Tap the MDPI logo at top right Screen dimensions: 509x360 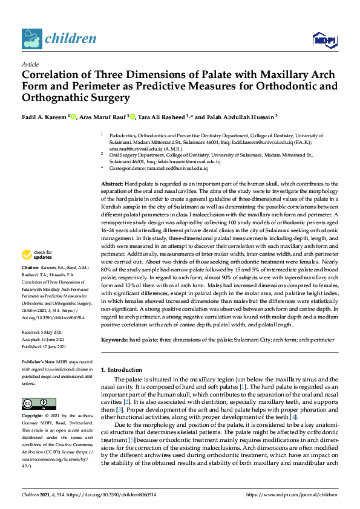[324, 40]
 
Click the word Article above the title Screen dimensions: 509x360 [30, 64]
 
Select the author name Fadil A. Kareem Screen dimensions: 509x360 [44, 117]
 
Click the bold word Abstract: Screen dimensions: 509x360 [112, 183]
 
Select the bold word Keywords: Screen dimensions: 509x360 [115, 340]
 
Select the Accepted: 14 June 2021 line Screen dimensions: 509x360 [47, 340]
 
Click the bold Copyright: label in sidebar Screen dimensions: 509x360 [33, 417]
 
